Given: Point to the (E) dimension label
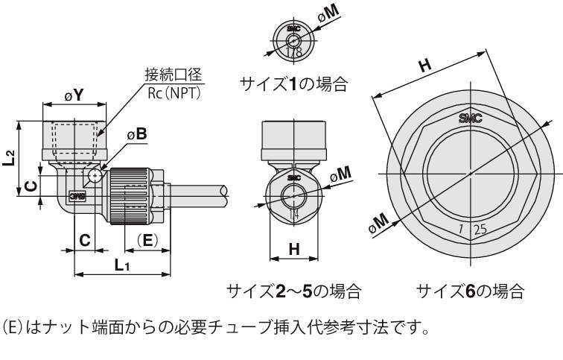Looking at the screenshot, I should coord(147,239).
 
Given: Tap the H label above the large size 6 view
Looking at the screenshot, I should coord(424,66).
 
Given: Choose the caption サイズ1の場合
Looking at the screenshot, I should coord(293,84).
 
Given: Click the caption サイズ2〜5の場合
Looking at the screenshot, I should coord(293,291).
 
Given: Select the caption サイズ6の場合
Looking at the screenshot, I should coord(470,291).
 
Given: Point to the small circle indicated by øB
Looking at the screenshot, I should coord(95,176).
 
